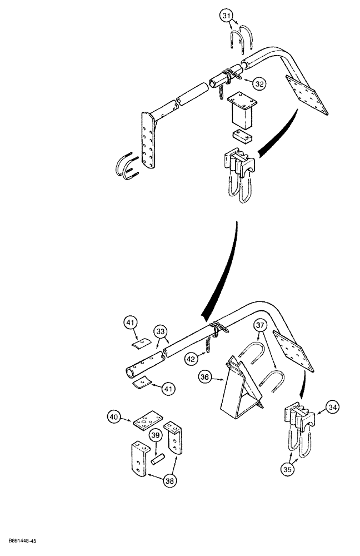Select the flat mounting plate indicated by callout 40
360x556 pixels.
click(147, 421)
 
